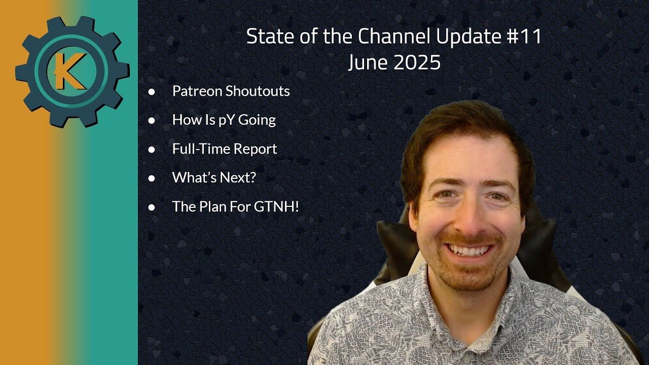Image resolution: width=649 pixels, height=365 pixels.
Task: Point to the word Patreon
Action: (x=197, y=91)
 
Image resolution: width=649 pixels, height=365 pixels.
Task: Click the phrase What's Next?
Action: (x=214, y=178)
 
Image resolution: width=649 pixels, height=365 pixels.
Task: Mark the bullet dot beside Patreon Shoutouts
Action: (x=152, y=92)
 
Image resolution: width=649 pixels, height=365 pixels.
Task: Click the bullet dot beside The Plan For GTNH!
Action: (x=152, y=207)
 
